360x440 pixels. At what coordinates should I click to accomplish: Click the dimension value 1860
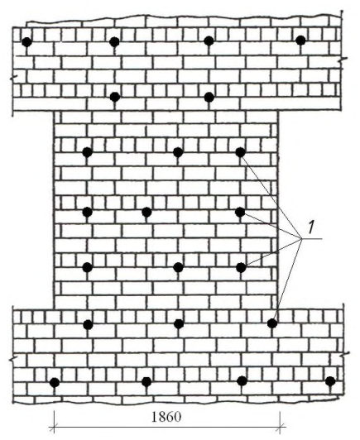tap(166, 417)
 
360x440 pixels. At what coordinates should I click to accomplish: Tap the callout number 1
tap(311, 227)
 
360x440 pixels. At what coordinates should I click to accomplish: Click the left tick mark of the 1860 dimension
tap(53, 428)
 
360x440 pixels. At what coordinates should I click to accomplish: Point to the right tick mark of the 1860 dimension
tap(280, 428)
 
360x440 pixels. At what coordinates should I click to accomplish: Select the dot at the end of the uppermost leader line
tap(240, 152)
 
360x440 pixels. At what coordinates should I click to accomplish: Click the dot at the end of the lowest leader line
tap(271, 323)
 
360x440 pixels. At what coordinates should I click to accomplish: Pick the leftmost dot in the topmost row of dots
tap(27, 42)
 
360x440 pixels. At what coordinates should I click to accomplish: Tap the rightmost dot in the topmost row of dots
tap(300, 41)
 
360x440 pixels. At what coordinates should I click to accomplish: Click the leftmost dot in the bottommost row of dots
tap(55, 382)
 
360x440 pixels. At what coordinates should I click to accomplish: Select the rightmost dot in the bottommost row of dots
tap(330, 381)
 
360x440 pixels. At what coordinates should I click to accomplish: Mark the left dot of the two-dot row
tap(115, 97)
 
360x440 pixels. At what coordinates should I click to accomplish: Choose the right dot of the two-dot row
tap(209, 97)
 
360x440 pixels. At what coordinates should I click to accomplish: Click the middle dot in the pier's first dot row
tap(178, 152)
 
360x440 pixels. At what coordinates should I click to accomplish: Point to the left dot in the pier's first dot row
tap(88, 152)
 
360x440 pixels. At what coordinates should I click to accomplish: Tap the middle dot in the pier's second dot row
tap(146, 212)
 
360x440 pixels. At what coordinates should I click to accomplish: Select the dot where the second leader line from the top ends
tap(240, 212)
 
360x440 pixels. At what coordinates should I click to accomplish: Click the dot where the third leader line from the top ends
tap(241, 267)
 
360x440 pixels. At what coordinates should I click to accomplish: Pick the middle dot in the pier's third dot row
tap(178, 267)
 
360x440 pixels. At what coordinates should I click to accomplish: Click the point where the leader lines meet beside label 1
tap(301, 239)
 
